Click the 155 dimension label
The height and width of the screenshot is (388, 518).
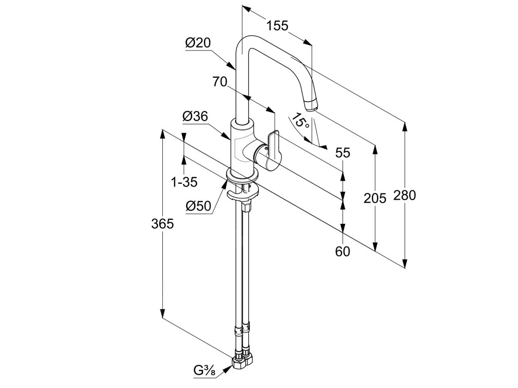click(x=278, y=25)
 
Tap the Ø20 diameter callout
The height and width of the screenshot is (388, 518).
click(x=198, y=43)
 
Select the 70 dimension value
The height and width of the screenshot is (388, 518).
click(x=220, y=81)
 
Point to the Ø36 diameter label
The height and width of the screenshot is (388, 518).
click(x=195, y=116)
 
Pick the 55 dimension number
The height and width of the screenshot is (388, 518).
click(x=342, y=153)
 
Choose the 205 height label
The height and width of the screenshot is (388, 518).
click(x=375, y=198)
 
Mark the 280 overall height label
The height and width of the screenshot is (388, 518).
click(x=405, y=196)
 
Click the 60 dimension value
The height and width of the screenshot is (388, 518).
click(x=342, y=252)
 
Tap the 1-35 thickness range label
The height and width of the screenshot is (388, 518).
click(x=184, y=182)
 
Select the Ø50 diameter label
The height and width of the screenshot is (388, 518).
click(x=198, y=206)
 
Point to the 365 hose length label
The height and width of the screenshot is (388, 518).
click(x=162, y=224)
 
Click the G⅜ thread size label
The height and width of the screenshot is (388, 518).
click(x=205, y=371)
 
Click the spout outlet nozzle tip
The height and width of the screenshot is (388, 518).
click(x=311, y=105)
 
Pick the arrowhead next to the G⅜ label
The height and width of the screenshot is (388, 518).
click(x=228, y=368)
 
